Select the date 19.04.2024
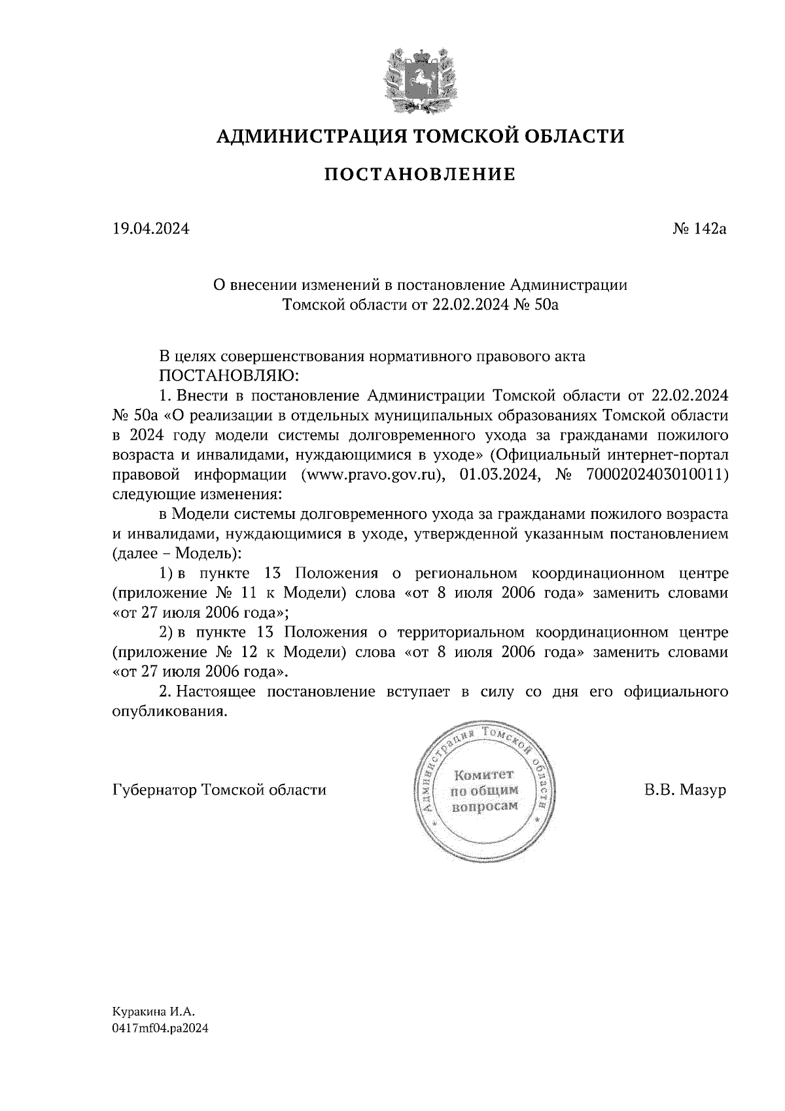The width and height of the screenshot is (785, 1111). [x=151, y=229]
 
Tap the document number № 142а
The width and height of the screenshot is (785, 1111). [x=699, y=229]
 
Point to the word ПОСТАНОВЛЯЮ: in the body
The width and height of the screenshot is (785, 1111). [x=228, y=377]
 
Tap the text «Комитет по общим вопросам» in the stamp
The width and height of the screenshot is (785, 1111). [x=485, y=790]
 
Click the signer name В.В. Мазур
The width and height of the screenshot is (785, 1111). [x=685, y=790]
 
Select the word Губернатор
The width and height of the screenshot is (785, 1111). [x=155, y=790]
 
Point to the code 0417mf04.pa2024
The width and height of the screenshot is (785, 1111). [x=160, y=1029]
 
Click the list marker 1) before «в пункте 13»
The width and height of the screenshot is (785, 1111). [x=167, y=574]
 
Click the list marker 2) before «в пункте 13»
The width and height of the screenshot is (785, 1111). [x=167, y=633]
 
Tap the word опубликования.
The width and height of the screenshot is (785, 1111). [x=169, y=711]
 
